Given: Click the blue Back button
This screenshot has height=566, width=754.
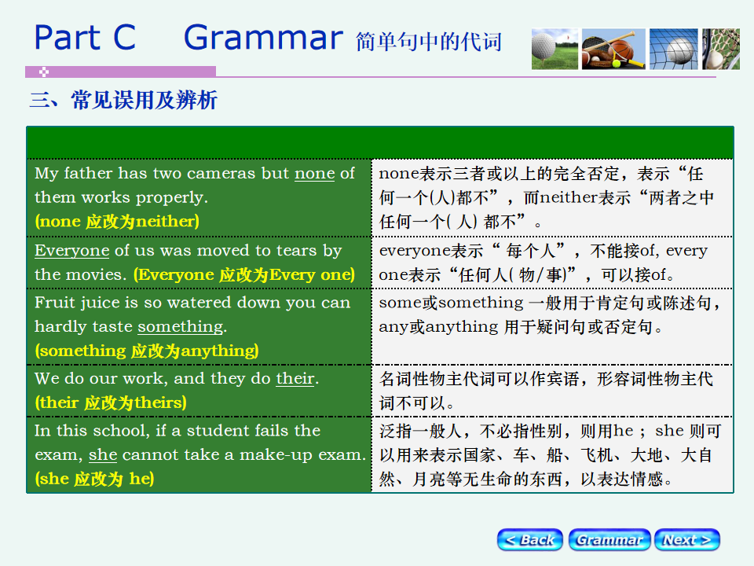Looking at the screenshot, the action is click(529, 539).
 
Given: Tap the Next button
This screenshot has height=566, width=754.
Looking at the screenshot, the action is click(686, 539).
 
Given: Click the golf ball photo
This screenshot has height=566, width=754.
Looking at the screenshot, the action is click(555, 49).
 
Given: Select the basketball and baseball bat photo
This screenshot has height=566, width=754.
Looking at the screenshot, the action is click(613, 49).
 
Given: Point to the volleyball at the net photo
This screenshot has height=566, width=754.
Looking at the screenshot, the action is click(673, 49).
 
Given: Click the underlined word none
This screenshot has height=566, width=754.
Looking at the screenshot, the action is click(314, 173).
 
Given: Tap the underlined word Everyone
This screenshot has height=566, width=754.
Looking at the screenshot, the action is click(72, 250).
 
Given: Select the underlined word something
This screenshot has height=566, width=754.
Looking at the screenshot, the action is click(181, 327).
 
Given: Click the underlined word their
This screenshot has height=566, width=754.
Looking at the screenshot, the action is click(295, 379).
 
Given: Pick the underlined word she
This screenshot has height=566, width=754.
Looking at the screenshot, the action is click(103, 455).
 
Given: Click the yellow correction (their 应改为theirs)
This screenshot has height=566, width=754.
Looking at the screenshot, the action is click(111, 402).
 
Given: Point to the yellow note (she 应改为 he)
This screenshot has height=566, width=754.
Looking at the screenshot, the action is click(94, 479).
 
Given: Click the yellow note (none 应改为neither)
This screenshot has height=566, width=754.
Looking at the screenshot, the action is click(117, 222).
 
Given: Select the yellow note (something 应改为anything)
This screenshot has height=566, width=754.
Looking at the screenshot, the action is click(147, 351).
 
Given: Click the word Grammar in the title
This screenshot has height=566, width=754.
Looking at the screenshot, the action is click(264, 38).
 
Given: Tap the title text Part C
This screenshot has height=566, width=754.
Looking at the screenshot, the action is click(85, 38).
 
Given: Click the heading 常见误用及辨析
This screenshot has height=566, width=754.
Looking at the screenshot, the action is click(145, 100).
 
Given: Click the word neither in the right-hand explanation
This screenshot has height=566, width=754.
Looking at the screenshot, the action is click(569, 197).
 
